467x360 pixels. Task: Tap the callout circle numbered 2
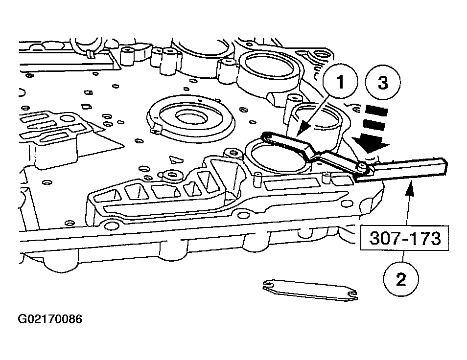(400, 280)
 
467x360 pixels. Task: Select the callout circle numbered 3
(383, 83)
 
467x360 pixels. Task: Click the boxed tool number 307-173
(404, 239)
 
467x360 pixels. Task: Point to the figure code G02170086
(50, 320)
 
